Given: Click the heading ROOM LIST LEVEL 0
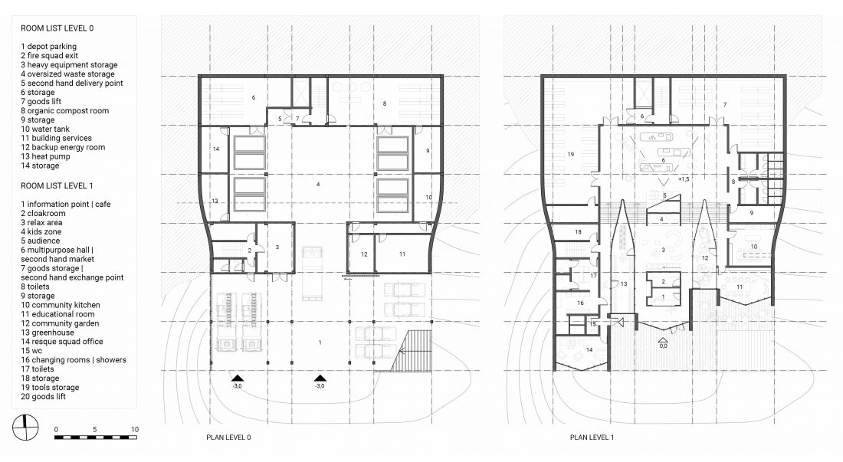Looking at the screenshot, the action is coord(57,28).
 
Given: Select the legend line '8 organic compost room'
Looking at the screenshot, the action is coord(64,110).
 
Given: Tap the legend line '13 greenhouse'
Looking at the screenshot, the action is coord(48,333).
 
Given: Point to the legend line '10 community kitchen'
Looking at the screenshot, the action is coord(61,305).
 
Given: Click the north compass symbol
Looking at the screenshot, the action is coord(25,428).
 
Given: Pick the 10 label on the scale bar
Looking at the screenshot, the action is coord(134,429).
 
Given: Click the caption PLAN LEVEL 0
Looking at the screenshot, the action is coord(228,437).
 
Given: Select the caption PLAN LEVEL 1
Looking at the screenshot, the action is coord(592,437).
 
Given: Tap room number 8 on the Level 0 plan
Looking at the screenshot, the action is coord(385,103).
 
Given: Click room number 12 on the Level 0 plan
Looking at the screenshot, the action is coord(364,254).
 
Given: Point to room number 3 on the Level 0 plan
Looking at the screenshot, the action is coord(277,247).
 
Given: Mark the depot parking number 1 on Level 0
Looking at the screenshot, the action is coord(320,342).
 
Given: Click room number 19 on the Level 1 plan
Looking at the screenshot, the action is coord(570,155).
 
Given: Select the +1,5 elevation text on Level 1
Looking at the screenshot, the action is coord(684,179).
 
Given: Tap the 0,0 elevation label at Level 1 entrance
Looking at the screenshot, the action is coord(664,346).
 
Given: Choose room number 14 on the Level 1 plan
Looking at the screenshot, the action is coord(589,350).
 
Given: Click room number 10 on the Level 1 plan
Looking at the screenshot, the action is coord(754,247).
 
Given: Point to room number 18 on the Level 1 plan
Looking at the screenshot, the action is coord(578,232).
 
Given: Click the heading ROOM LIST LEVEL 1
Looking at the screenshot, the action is coord(57,186).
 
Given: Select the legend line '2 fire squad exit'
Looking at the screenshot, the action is coord(50,56).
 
